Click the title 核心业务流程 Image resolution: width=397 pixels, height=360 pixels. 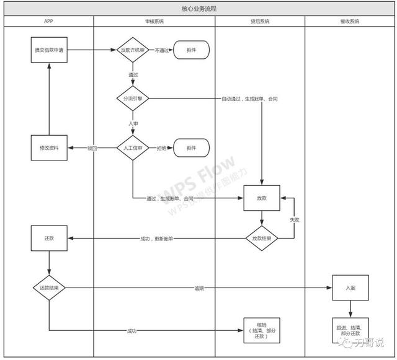click(x=198, y=9)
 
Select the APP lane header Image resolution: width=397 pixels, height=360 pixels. click(x=48, y=21)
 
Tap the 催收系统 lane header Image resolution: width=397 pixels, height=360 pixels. click(x=350, y=21)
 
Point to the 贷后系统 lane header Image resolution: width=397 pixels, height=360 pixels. click(x=260, y=21)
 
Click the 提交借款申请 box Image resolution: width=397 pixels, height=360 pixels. click(x=48, y=50)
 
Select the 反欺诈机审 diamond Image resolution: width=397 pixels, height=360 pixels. click(x=133, y=50)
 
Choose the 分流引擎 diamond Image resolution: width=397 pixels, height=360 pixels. click(x=133, y=98)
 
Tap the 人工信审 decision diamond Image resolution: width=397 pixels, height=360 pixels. click(x=133, y=148)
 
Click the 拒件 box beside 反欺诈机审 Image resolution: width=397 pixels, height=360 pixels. click(x=191, y=50)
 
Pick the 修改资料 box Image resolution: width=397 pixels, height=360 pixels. click(x=48, y=148)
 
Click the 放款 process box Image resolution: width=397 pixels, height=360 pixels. click(x=261, y=199)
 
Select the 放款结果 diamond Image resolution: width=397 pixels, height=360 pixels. click(x=261, y=238)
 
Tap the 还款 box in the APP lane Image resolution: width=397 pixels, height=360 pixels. click(x=48, y=238)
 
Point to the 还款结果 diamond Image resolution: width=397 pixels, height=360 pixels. click(x=48, y=288)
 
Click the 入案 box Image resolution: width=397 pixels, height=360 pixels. click(x=350, y=288)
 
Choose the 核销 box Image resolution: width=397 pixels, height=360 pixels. click(x=261, y=329)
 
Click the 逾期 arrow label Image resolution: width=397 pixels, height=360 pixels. click(x=199, y=288)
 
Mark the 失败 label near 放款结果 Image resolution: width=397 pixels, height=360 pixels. click(x=294, y=219)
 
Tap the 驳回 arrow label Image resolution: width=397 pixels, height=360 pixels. click(x=92, y=148)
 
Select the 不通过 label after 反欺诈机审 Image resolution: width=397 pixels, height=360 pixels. click(x=161, y=50)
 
